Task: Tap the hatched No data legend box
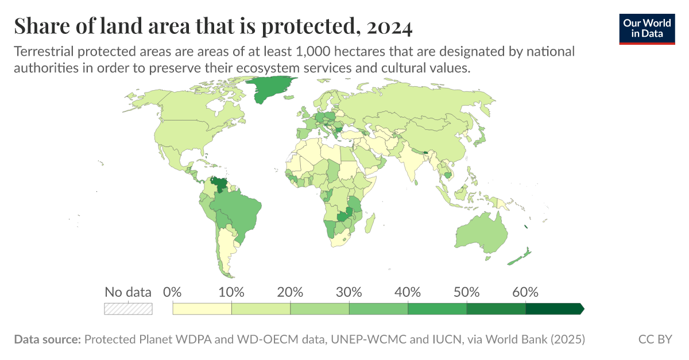click(x=128, y=309)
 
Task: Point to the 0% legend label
click(x=173, y=292)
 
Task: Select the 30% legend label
click(x=349, y=292)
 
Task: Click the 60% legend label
click(x=525, y=292)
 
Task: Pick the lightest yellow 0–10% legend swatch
click(x=202, y=309)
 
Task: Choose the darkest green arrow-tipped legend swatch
click(x=554, y=309)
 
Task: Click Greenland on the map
click(x=267, y=89)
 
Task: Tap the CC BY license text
click(x=655, y=339)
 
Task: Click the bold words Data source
click(x=47, y=339)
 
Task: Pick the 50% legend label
click(x=466, y=292)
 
